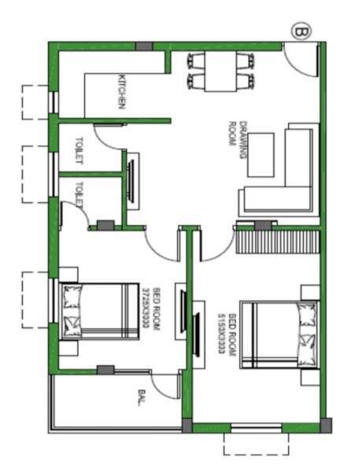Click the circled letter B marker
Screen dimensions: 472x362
[301, 31]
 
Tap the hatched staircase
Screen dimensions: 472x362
[278, 238]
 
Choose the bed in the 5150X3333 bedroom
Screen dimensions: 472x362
[279, 334]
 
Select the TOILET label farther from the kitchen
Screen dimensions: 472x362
[79, 191]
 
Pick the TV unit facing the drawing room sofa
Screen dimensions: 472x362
[131, 180]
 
